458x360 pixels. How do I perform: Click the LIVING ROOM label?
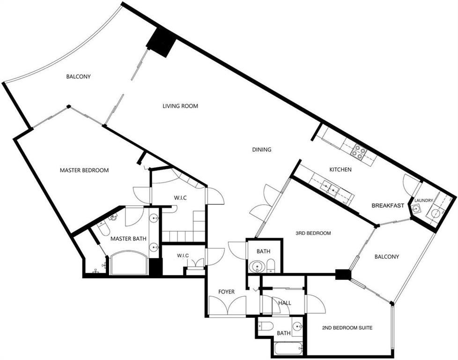point(180,106)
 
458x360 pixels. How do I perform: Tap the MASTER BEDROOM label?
point(84,170)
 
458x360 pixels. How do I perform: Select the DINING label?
point(262,150)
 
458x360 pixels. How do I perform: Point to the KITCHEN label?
point(340,170)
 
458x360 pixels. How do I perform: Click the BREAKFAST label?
point(388,206)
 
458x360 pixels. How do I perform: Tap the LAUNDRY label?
point(423,200)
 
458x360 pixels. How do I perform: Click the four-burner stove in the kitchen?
point(358,151)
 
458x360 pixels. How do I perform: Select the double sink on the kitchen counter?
point(329,187)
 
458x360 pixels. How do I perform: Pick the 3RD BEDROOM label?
point(313,233)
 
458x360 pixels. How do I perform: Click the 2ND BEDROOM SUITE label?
point(347,328)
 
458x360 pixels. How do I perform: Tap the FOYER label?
point(226,292)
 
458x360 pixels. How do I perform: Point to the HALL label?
point(285,303)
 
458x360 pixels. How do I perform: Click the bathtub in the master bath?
point(128,262)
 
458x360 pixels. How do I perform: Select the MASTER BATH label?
point(128,239)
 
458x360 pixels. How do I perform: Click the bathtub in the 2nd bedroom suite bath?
point(289,348)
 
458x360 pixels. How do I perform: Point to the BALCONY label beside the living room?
point(78,76)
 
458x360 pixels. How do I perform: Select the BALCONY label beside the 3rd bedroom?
point(387,257)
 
